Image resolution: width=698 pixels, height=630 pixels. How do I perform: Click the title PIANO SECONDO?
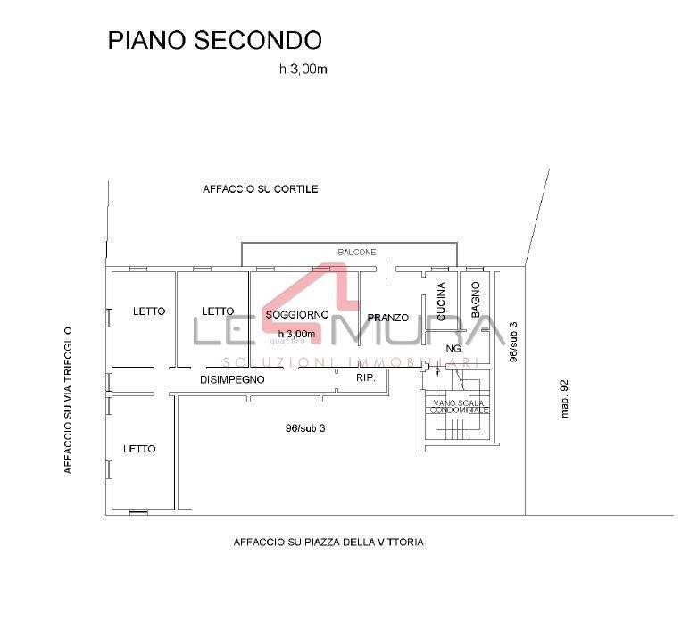pyautogui.click(x=214, y=41)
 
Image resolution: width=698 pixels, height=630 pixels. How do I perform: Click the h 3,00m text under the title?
pyautogui.click(x=303, y=70)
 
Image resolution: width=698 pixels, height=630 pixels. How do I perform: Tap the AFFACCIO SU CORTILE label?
pyautogui.click(x=261, y=189)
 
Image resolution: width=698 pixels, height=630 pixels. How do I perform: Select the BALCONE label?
pyautogui.click(x=356, y=253)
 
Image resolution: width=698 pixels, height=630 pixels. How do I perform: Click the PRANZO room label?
pyautogui.click(x=388, y=318)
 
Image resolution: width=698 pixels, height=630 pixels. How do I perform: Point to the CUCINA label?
pyautogui.click(x=441, y=301)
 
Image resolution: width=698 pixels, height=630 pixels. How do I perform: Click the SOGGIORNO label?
pyautogui.click(x=297, y=315)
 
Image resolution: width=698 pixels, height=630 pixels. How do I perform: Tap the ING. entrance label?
pyautogui.click(x=453, y=348)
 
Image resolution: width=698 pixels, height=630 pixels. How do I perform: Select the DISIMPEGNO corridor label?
pyautogui.click(x=232, y=379)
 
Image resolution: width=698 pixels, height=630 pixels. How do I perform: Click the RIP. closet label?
pyautogui.click(x=366, y=377)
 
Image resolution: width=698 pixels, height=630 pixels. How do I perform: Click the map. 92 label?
pyautogui.click(x=564, y=399)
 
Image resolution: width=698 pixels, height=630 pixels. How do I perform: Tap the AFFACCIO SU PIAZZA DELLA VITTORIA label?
pyautogui.click(x=328, y=542)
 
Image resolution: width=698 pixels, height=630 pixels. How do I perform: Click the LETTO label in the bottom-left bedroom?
pyautogui.click(x=139, y=449)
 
